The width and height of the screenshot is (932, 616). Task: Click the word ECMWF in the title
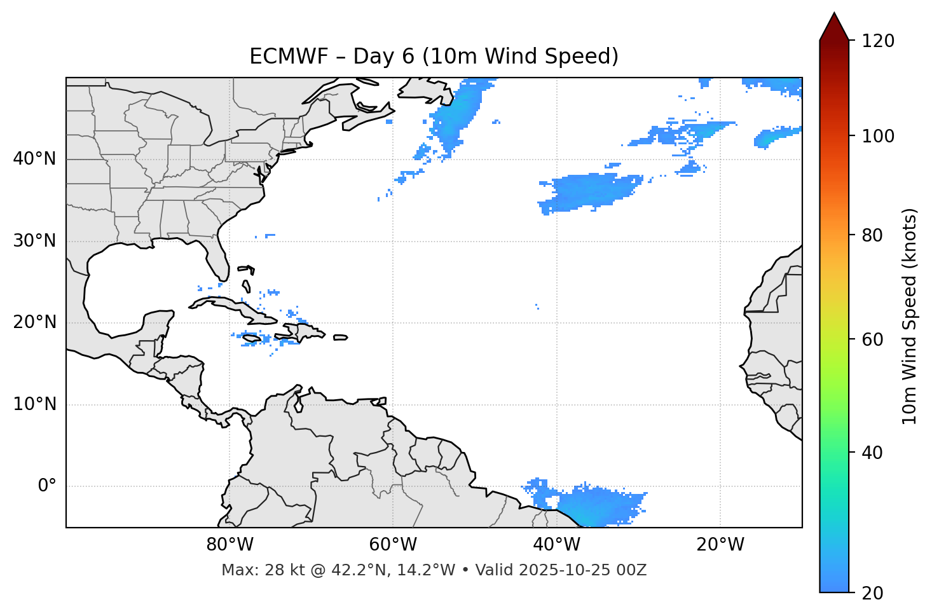pyautogui.click(x=277, y=57)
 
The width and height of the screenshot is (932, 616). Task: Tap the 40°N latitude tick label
pyautogui.click(x=34, y=159)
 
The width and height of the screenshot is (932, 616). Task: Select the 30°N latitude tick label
pyautogui.click(x=34, y=241)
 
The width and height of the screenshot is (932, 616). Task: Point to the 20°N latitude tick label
pyautogui.click(x=34, y=322)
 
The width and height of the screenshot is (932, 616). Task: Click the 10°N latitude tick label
pyautogui.click(x=34, y=404)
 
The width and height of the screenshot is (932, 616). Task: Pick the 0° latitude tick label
pyautogui.click(x=47, y=486)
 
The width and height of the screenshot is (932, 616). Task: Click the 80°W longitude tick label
pyautogui.click(x=230, y=545)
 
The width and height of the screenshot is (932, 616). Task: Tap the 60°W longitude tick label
pyautogui.click(x=392, y=545)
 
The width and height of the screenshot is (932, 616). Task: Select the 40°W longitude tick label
pyautogui.click(x=556, y=545)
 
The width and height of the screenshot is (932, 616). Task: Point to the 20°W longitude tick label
pyautogui.click(x=720, y=545)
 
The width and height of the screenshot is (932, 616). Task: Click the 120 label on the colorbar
pyautogui.click(x=878, y=41)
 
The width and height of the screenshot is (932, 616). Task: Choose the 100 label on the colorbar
pyautogui.click(x=878, y=136)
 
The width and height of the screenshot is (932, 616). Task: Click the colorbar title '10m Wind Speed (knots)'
pyautogui.click(x=910, y=316)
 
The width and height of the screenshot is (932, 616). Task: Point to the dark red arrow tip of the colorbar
pyautogui.click(x=834, y=25)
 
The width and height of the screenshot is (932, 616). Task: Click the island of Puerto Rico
pyautogui.click(x=340, y=338)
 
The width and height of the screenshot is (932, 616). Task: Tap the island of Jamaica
pyautogui.click(x=252, y=339)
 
